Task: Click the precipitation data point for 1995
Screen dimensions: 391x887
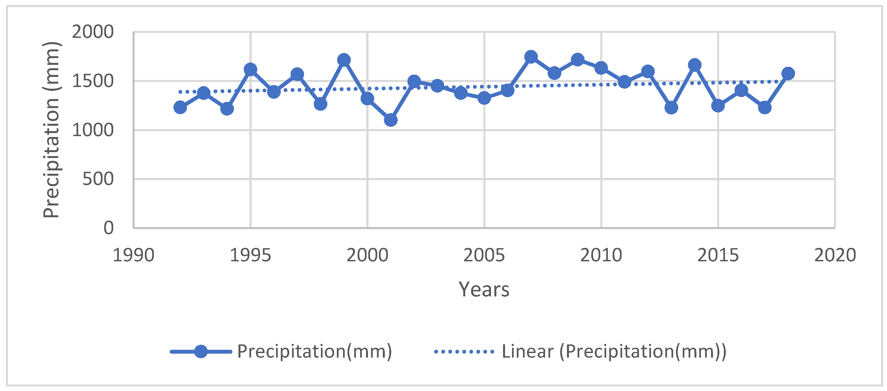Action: click(x=250, y=70)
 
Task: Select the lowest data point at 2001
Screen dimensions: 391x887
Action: click(x=390, y=120)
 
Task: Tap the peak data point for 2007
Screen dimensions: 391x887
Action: click(x=531, y=56)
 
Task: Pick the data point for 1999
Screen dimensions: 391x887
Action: click(x=344, y=60)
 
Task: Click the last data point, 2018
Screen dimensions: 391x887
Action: click(x=788, y=73)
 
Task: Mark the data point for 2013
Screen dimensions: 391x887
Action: click(x=671, y=108)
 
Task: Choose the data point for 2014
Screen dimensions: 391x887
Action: click(x=694, y=65)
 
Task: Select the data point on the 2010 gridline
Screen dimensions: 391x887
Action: click(x=601, y=68)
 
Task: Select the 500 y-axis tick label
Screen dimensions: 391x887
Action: click(x=98, y=179)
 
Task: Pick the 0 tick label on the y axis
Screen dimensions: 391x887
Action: click(x=108, y=228)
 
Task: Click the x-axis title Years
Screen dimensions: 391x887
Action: click(x=484, y=290)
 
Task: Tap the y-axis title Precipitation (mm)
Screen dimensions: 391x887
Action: click(x=52, y=130)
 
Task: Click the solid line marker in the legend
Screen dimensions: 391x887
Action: click(x=201, y=352)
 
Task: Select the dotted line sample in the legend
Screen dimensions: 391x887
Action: click(x=464, y=352)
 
